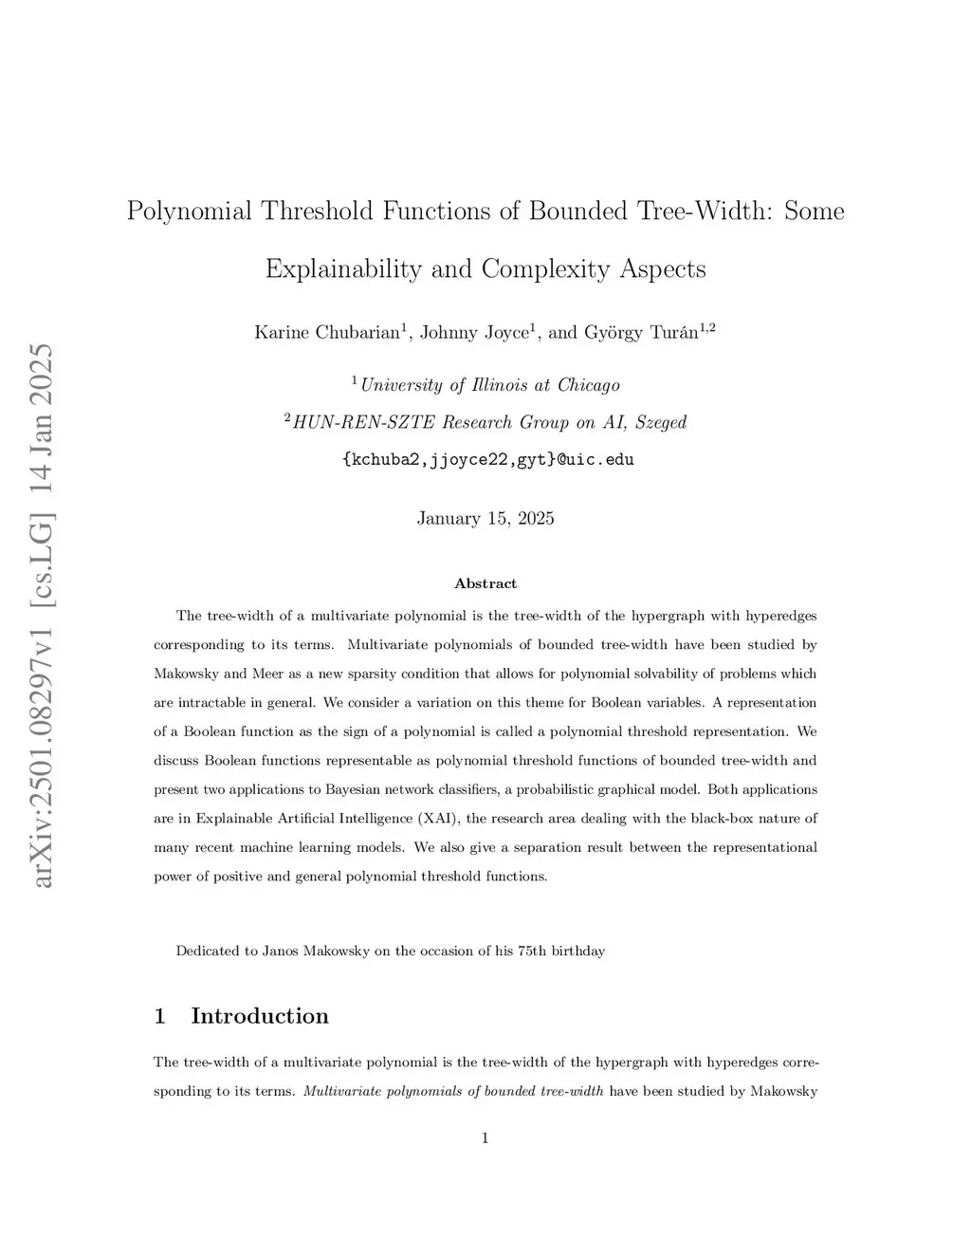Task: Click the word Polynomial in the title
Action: pyautogui.click(x=190, y=211)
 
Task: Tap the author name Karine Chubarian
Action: pyautogui.click(x=328, y=332)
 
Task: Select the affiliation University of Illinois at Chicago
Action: pyautogui.click(x=489, y=385)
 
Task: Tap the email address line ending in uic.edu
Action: pyautogui.click(x=486, y=460)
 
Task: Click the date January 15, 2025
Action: pyautogui.click(x=485, y=518)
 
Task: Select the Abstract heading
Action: pyautogui.click(x=485, y=583)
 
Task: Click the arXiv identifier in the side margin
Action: pyautogui.click(x=44, y=617)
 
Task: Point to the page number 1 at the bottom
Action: pyautogui.click(x=485, y=1138)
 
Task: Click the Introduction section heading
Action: pyautogui.click(x=260, y=1016)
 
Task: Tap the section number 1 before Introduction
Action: pyautogui.click(x=160, y=1016)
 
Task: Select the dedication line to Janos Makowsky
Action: pyautogui.click(x=390, y=951)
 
